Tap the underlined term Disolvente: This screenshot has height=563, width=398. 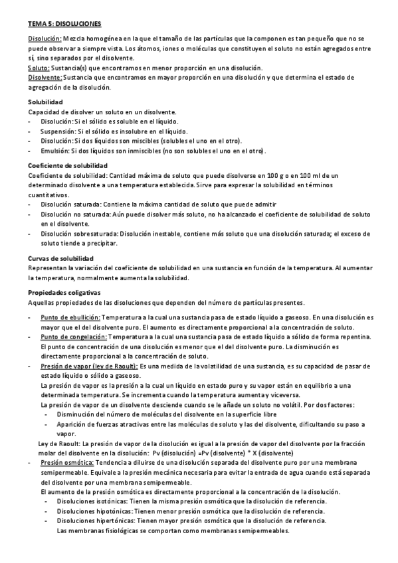point(45,77)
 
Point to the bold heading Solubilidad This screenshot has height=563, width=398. point(45,102)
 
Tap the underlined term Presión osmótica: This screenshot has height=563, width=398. point(68,462)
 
